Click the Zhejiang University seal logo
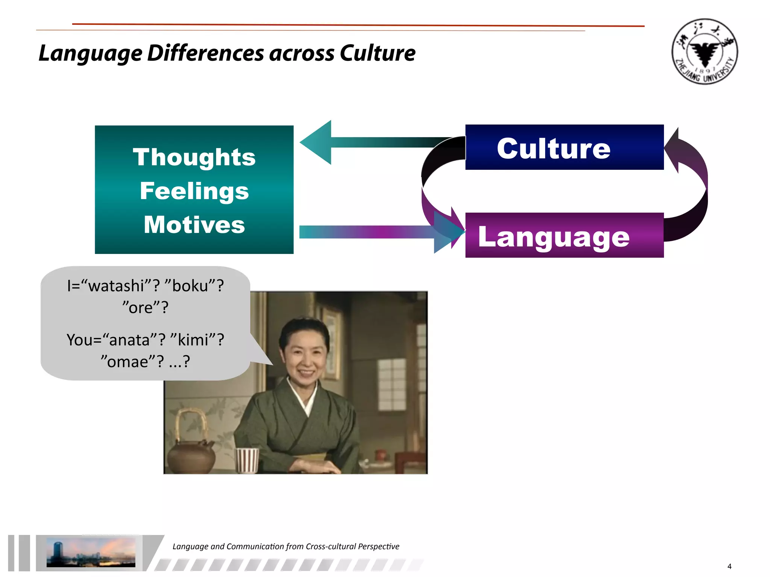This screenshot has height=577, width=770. click(705, 51)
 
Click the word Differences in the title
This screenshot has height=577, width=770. click(206, 53)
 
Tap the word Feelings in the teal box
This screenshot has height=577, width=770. click(194, 191)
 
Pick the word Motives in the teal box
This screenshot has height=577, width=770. click(194, 225)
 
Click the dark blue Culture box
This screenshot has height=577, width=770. click(564, 148)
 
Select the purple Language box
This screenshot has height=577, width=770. click(564, 236)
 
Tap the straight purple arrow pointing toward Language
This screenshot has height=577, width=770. click(376, 232)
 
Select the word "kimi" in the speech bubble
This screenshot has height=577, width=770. click(193, 340)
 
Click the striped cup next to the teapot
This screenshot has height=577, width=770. click(247, 460)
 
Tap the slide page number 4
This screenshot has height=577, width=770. click(729, 566)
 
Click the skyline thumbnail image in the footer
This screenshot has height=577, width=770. click(91, 552)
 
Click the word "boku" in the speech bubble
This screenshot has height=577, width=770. click(190, 286)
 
